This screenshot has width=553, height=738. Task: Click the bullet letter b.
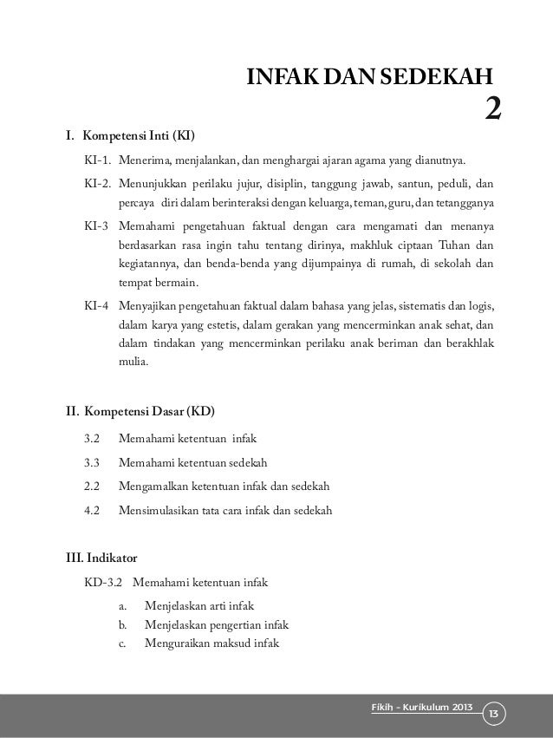[x=122, y=624]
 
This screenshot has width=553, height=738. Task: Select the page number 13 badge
[x=495, y=714]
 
